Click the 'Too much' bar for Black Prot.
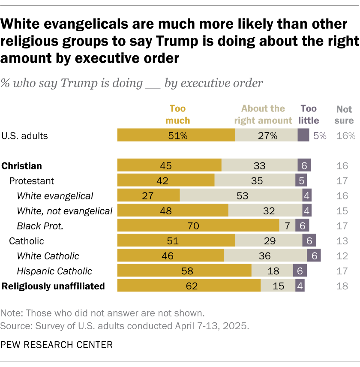click(198, 226)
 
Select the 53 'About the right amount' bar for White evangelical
click(241, 196)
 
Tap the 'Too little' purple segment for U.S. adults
click(303, 136)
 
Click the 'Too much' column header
click(177, 114)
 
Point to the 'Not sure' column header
click(344, 114)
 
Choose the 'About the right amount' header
click(263, 114)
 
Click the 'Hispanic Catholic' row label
click(54, 271)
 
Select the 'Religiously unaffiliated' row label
click(54, 286)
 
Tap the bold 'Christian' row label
click(21, 166)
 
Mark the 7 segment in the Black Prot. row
click(287, 226)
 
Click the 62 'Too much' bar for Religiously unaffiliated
click(189, 286)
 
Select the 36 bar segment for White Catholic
click(265, 256)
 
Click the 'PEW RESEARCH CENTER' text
click(57, 344)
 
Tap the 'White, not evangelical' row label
click(64, 211)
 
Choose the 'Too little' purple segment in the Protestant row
click(301, 181)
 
